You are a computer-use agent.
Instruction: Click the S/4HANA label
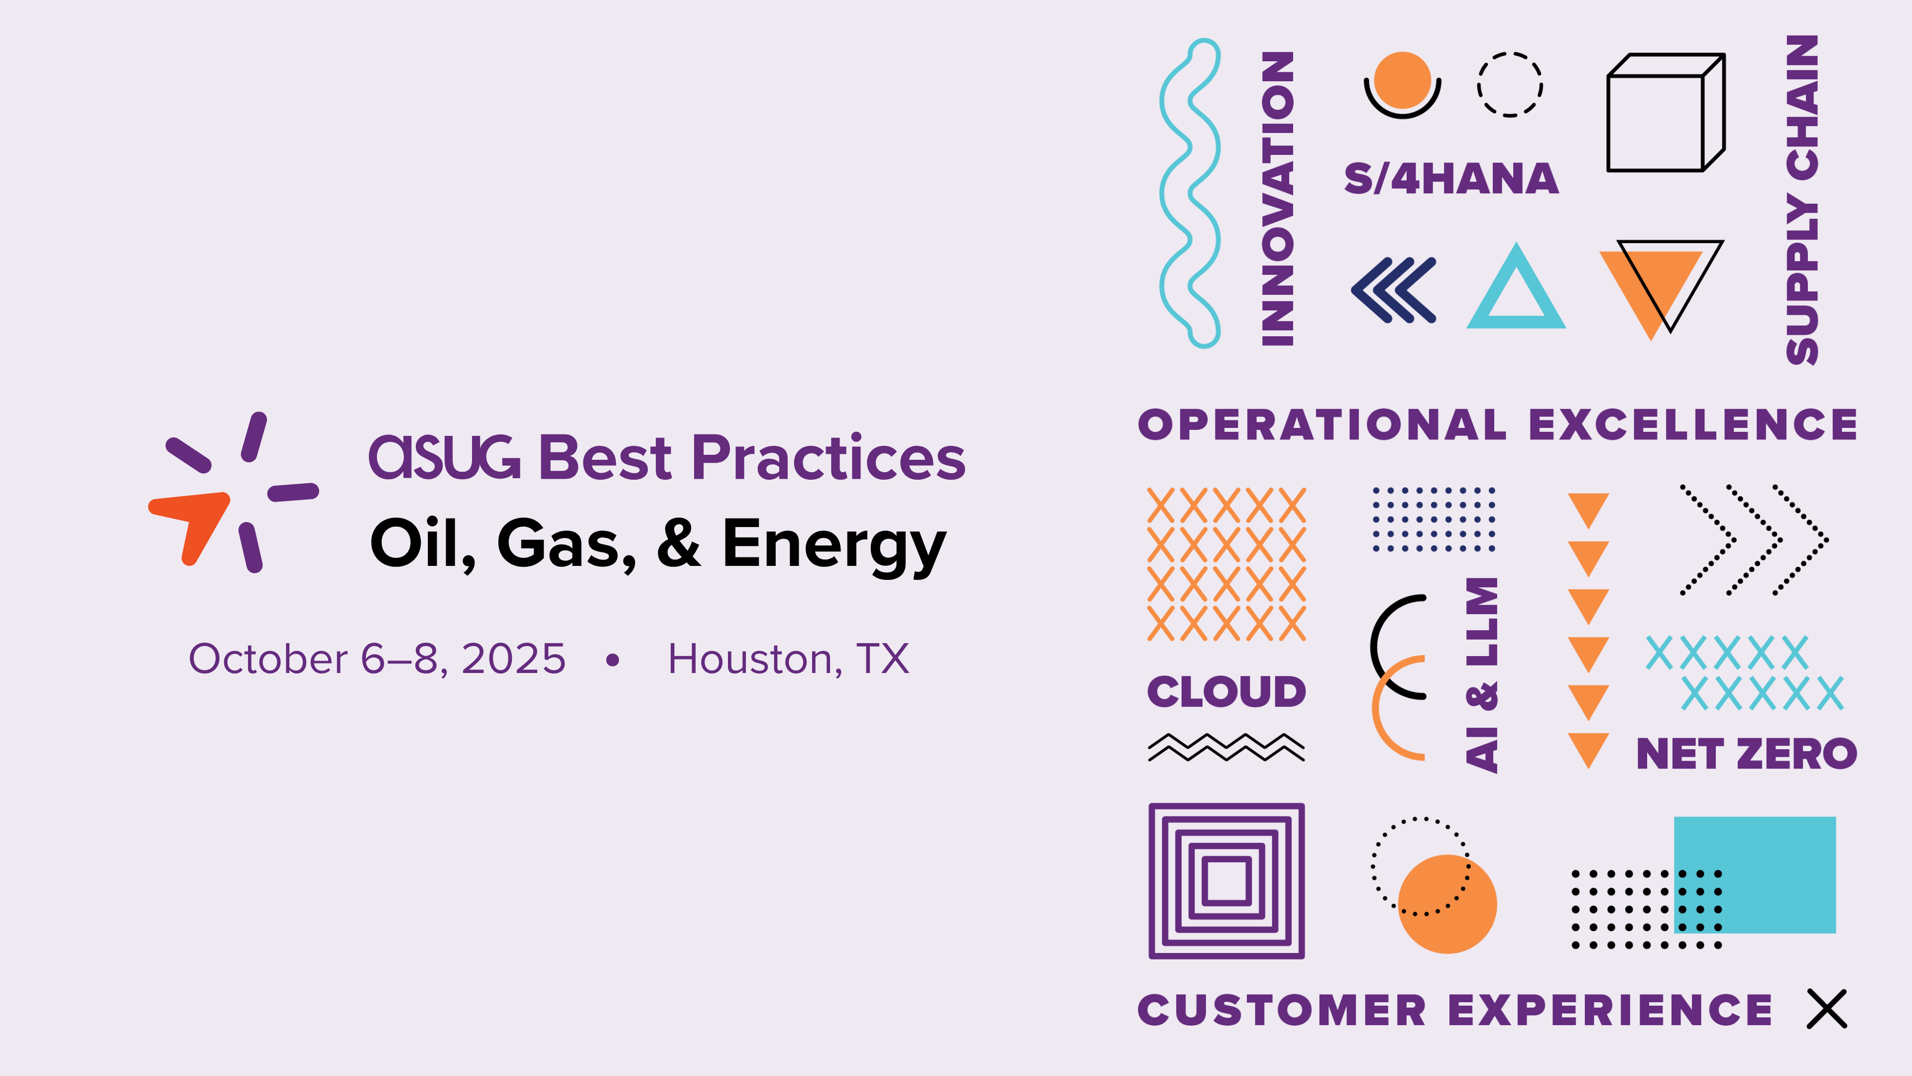(1451, 179)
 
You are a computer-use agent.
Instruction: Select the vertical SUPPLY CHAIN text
(1801, 200)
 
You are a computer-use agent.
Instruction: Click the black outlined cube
(1666, 112)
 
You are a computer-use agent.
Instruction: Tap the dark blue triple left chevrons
(1393, 290)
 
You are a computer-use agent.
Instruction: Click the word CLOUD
(1226, 692)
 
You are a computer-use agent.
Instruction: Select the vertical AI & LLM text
(1481, 675)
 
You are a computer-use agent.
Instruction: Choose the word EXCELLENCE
(1693, 425)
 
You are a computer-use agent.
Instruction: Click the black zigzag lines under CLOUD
(1226, 747)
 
